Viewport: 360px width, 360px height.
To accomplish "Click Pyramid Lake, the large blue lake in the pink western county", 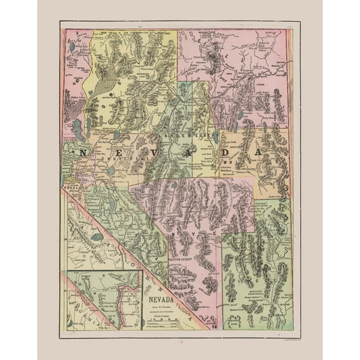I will coord(77,128).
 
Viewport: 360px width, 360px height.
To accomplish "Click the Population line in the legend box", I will coord(161,319).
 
